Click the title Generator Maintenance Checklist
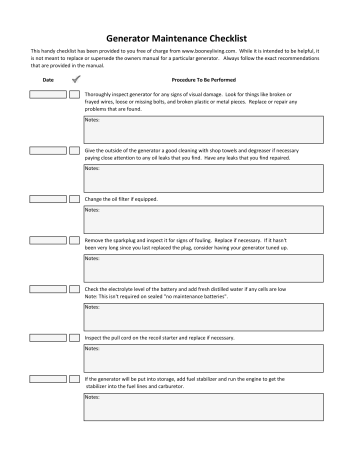coord(180,34)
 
